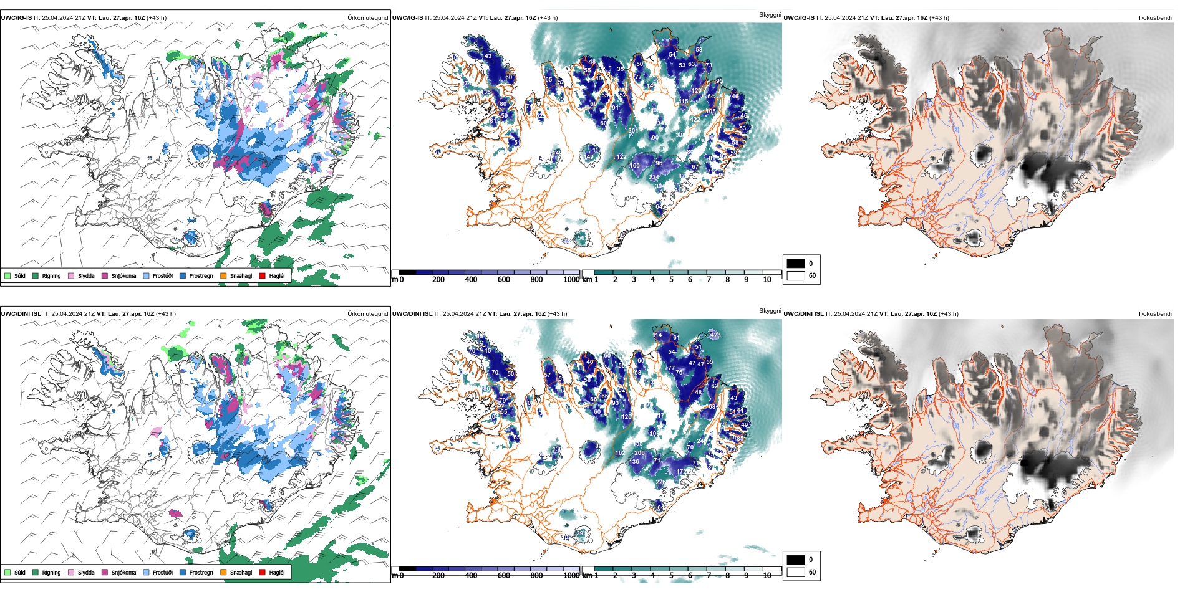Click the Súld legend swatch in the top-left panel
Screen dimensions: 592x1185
[7, 275]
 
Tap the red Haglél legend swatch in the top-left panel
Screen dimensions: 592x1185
[263, 275]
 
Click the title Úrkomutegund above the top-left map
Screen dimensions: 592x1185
[367, 18]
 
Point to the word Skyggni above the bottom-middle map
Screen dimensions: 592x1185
[770, 310]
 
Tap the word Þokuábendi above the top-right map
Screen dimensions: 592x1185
[1155, 18]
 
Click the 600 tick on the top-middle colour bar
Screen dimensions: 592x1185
[503, 280]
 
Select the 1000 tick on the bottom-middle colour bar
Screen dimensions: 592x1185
[571, 576]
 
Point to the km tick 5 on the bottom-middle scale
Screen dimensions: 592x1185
[672, 576]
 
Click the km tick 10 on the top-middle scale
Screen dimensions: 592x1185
[767, 280]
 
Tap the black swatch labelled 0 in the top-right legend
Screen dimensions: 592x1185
[796, 264]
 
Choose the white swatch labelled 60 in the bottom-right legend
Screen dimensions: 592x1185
[796, 572]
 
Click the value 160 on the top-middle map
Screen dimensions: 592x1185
[634, 166]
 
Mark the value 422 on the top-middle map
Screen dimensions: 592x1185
[695, 120]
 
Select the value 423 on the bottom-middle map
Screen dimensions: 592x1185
[715, 335]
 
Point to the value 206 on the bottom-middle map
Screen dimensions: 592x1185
[639, 453]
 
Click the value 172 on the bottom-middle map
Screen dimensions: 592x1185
[681, 472]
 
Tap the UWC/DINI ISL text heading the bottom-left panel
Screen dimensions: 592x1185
[21, 314]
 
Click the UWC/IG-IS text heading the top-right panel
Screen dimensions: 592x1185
[799, 18]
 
